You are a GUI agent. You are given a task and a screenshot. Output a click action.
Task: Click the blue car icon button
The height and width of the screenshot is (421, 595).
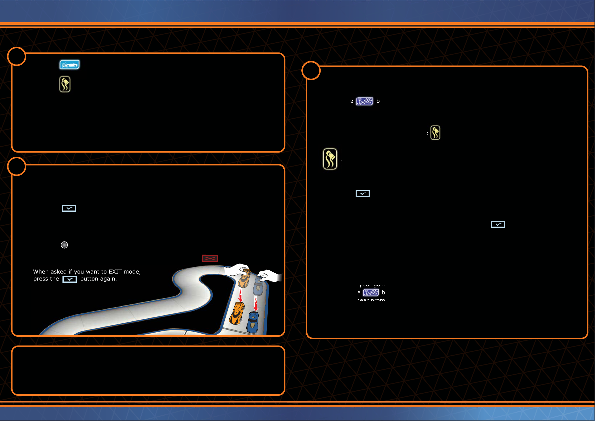[69, 64]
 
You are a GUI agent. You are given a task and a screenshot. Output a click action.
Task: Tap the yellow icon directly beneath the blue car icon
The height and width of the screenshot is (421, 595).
[65, 84]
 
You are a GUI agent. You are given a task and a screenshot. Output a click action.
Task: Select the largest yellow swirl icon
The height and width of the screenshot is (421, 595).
[330, 159]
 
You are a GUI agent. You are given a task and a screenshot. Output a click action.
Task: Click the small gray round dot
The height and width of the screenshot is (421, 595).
[64, 245]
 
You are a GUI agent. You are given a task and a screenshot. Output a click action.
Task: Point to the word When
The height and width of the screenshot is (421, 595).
[41, 272]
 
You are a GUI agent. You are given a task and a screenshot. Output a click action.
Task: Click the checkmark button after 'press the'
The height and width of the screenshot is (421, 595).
[69, 279]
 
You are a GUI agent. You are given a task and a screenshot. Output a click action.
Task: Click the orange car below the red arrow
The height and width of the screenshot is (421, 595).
[236, 314]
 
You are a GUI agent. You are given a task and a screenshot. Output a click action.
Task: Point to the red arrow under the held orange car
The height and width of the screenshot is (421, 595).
[240, 296]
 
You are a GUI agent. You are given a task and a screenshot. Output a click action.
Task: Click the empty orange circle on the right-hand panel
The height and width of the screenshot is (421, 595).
[311, 70]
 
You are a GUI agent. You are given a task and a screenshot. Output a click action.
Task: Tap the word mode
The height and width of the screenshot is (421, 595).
[131, 272]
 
